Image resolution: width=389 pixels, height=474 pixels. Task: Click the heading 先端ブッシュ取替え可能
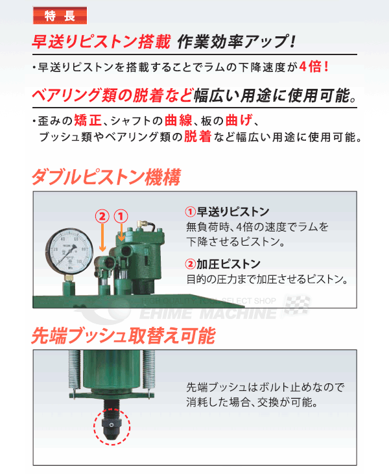pyautogui.click(x=123, y=337)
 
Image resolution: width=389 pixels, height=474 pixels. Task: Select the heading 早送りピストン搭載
pyautogui.click(x=101, y=41)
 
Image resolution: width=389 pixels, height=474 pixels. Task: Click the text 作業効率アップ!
pyautogui.click(x=236, y=41)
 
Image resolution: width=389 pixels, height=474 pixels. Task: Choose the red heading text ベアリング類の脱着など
pyautogui.click(x=113, y=96)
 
